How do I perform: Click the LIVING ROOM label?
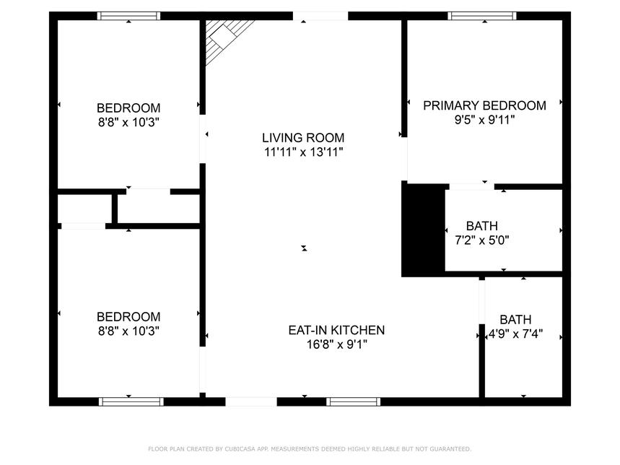pyautogui.click(x=303, y=138)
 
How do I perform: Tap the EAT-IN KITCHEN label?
pyautogui.click(x=336, y=330)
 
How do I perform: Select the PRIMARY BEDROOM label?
pyautogui.click(x=485, y=105)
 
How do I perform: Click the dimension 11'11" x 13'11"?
pyautogui.click(x=303, y=152)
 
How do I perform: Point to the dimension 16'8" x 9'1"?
pyautogui.click(x=337, y=344)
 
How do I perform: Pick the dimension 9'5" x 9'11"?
pyautogui.click(x=485, y=119)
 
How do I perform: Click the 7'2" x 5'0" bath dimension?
pyautogui.click(x=482, y=240)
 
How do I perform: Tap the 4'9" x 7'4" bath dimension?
pyautogui.click(x=515, y=334)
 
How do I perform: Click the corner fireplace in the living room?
pyautogui.click(x=224, y=39)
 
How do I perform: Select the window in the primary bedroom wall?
pyautogui.click(x=482, y=16)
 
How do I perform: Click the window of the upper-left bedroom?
pyautogui.click(x=129, y=16)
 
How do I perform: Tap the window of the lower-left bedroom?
pyautogui.click(x=131, y=401)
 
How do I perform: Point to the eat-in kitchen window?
pyautogui.click(x=354, y=401)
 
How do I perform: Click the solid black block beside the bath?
pyautogui.click(x=423, y=230)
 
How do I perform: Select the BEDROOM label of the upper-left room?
pyautogui.click(x=128, y=108)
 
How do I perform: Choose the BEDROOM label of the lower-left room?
pyautogui.click(x=128, y=317)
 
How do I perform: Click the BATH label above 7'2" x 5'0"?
pyautogui.click(x=482, y=226)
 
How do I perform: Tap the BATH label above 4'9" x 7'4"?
pyautogui.click(x=515, y=319)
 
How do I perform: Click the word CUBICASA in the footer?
pyautogui.click(x=240, y=449)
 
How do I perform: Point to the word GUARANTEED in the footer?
pyautogui.click(x=450, y=449)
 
